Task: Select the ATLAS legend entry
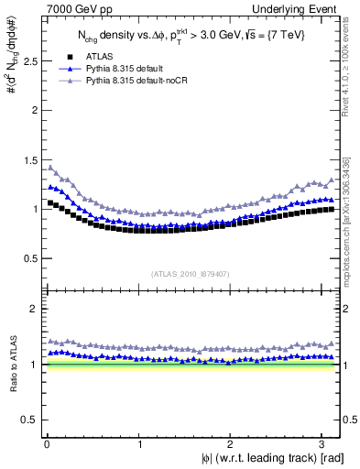[x=94, y=57]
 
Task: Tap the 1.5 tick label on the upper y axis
[x=28, y=159]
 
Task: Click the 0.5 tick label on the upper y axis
[x=28, y=258]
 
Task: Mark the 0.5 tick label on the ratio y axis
[x=28, y=420]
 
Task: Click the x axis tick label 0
[x=47, y=444]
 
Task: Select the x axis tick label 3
[x=326, y=444]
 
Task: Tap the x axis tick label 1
[x=139, y=444]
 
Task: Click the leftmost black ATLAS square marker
[x=49, y=202]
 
